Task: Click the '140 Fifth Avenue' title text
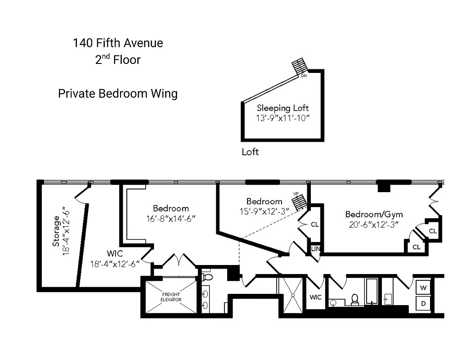click(118, 43)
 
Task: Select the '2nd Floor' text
click(118, 60)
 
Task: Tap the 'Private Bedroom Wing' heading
click(118, 94)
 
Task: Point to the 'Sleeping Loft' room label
click(282, 108)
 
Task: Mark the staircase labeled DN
click(299, 67)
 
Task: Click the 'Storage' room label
click(56, 231)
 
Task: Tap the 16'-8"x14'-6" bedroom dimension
click(171, 219)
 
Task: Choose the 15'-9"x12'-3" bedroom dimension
click(264, 211)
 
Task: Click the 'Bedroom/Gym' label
click(374, 214)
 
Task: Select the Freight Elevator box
click(171, 297)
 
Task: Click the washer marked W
click(423, 287)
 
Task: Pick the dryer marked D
click(423, 304)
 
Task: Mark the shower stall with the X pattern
click(292, 295)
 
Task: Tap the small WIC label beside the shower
click(315, 297)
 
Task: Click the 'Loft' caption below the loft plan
click(250, 152)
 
